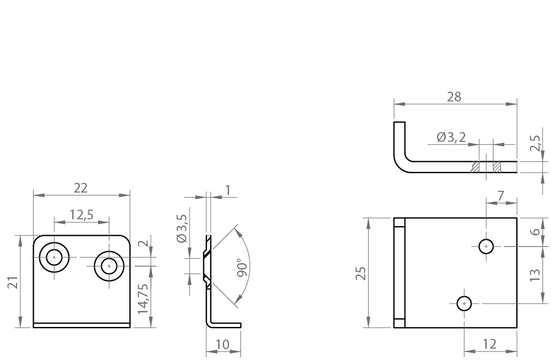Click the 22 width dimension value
click(81, 188)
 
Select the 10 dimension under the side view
click(224, 346)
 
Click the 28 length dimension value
click(454, 97)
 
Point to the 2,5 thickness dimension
click(536, 142)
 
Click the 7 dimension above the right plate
click(500, 195)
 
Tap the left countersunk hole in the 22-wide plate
click(55, 257)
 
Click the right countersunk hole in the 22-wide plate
click(108, 265)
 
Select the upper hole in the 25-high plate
click(485, 246)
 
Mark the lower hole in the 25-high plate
click(464, 303)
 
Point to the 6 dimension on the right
click(535, 232)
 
